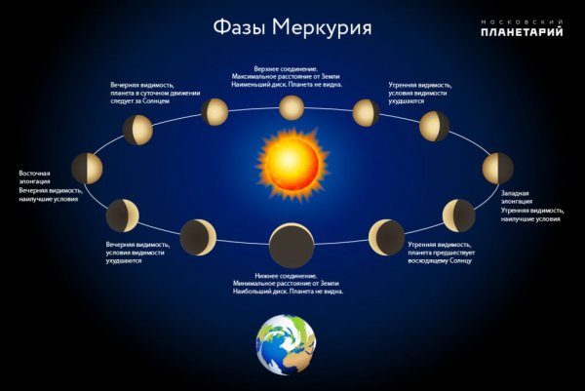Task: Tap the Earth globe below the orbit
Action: [x=287, y=344]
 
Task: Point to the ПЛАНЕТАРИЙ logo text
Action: [x=523, y=33]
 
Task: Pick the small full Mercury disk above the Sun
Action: [x=292, y=107]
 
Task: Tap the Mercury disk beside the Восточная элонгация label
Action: [x=87, y=168]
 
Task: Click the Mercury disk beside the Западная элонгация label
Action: [x=497, y=167]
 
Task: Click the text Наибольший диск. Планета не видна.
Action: [x=292, y=292]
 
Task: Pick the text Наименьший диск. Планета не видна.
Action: [x=292, y=84]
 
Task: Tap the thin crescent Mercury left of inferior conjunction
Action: [x=199, y=236]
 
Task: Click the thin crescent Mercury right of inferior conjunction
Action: [x=385, y=236]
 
